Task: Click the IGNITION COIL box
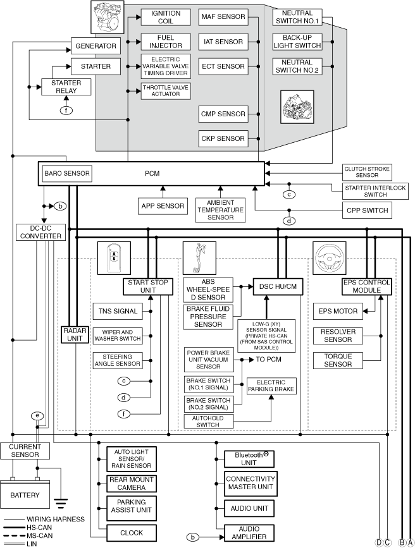(x=166, y=17)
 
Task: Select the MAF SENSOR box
(x=223, y=17)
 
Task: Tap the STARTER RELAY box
(x=66, y=87)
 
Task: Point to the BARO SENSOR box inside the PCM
(x=67, y=173)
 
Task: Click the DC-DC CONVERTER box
(x=41, y=233)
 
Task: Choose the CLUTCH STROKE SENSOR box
(x=367, y=172)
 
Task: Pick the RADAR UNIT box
(x=75, y=334)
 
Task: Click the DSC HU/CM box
(x=278, y=287)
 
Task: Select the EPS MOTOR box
(x=338, y=312)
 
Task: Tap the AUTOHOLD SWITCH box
(x=209, y=422)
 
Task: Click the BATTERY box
(x=25, y=495)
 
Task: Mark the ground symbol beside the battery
(x=61, y=504)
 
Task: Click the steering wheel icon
(x=329, y=258)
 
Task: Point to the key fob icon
(x=114, y=258)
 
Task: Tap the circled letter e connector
(x=37, y=416)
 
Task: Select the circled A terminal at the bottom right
(x=410, y=543)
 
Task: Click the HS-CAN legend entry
(x=28, y=527)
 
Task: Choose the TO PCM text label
(x=268, y=360)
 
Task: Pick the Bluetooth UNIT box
(x=249, y=459)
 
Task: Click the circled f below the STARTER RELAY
(x=66, y=111)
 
